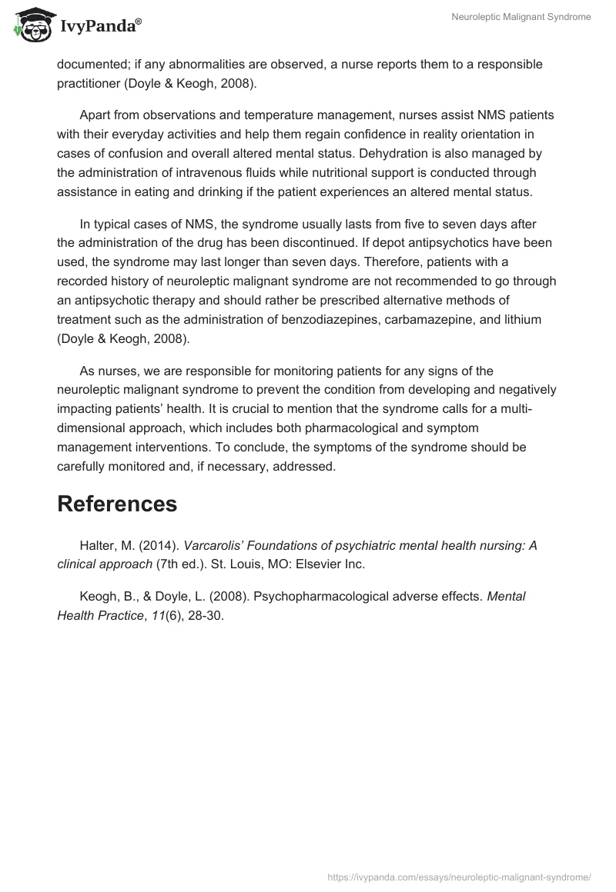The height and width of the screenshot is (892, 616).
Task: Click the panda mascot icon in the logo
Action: (x=29, y=25)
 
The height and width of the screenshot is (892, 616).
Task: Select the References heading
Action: (x=117, y=504)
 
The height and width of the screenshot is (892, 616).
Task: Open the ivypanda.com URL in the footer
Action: (x=459, y=876)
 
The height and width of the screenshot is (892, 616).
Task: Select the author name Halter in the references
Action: (x=98, y=546)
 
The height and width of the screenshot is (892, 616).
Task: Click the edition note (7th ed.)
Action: (x=182, y=564)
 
